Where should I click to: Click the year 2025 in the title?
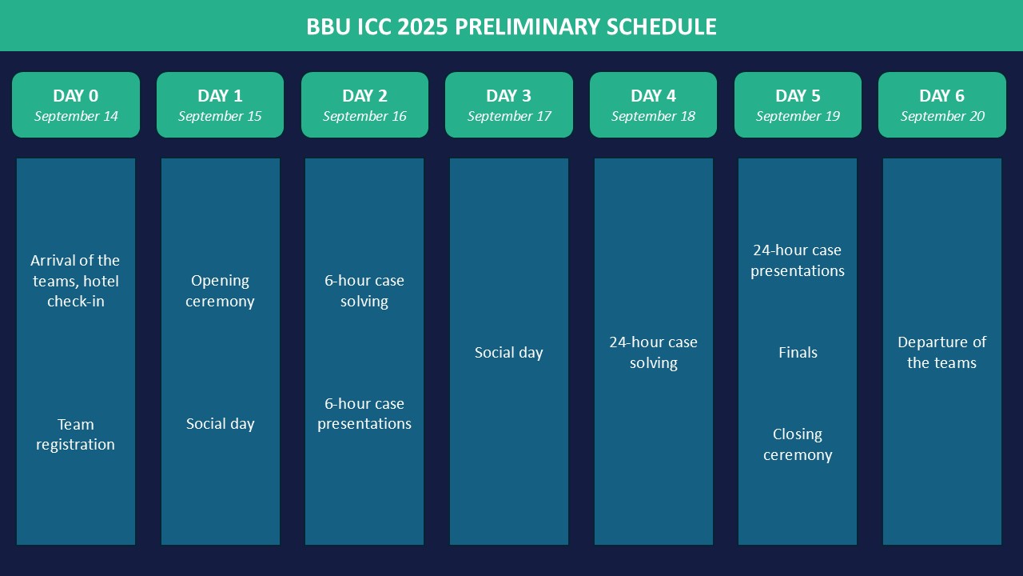(423, 26)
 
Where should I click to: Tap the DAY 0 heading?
(76, 96)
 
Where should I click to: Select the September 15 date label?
(220, 117)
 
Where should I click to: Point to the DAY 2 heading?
(364, 96)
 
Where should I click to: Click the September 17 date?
(509, 117)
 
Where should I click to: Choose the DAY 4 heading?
(653, 96)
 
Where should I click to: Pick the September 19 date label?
(798, 117)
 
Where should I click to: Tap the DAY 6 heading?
(941, 96)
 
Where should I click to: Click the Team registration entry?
(76, 434)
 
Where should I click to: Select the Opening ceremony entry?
(220, 290)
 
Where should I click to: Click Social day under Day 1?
(220, 424)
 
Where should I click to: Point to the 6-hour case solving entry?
(364, 290)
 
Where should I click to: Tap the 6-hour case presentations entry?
(364, 414)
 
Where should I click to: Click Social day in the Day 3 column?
(509, 353)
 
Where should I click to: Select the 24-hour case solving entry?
(653, 353)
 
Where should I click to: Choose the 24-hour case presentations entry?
(798, 261)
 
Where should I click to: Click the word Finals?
(798, 353)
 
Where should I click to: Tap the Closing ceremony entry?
(798, 444)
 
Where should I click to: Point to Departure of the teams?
(941, 353)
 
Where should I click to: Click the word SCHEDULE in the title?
(661, 26)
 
